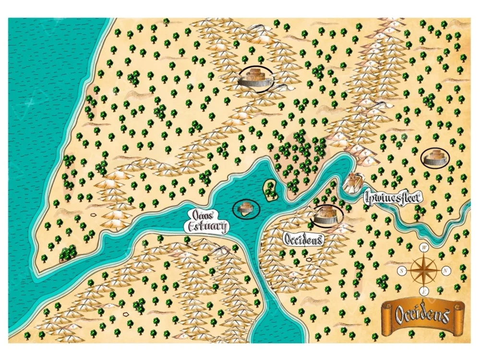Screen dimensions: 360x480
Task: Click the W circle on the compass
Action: pos(424,248)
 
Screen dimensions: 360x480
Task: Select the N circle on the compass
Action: pos(445,270)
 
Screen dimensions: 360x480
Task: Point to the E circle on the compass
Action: pos(424,292)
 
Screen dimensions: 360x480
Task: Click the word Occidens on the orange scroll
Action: pos(422,315)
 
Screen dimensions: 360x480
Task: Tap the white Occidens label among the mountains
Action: pos(302,239)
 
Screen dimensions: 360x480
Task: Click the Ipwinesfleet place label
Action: pos(392,197)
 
